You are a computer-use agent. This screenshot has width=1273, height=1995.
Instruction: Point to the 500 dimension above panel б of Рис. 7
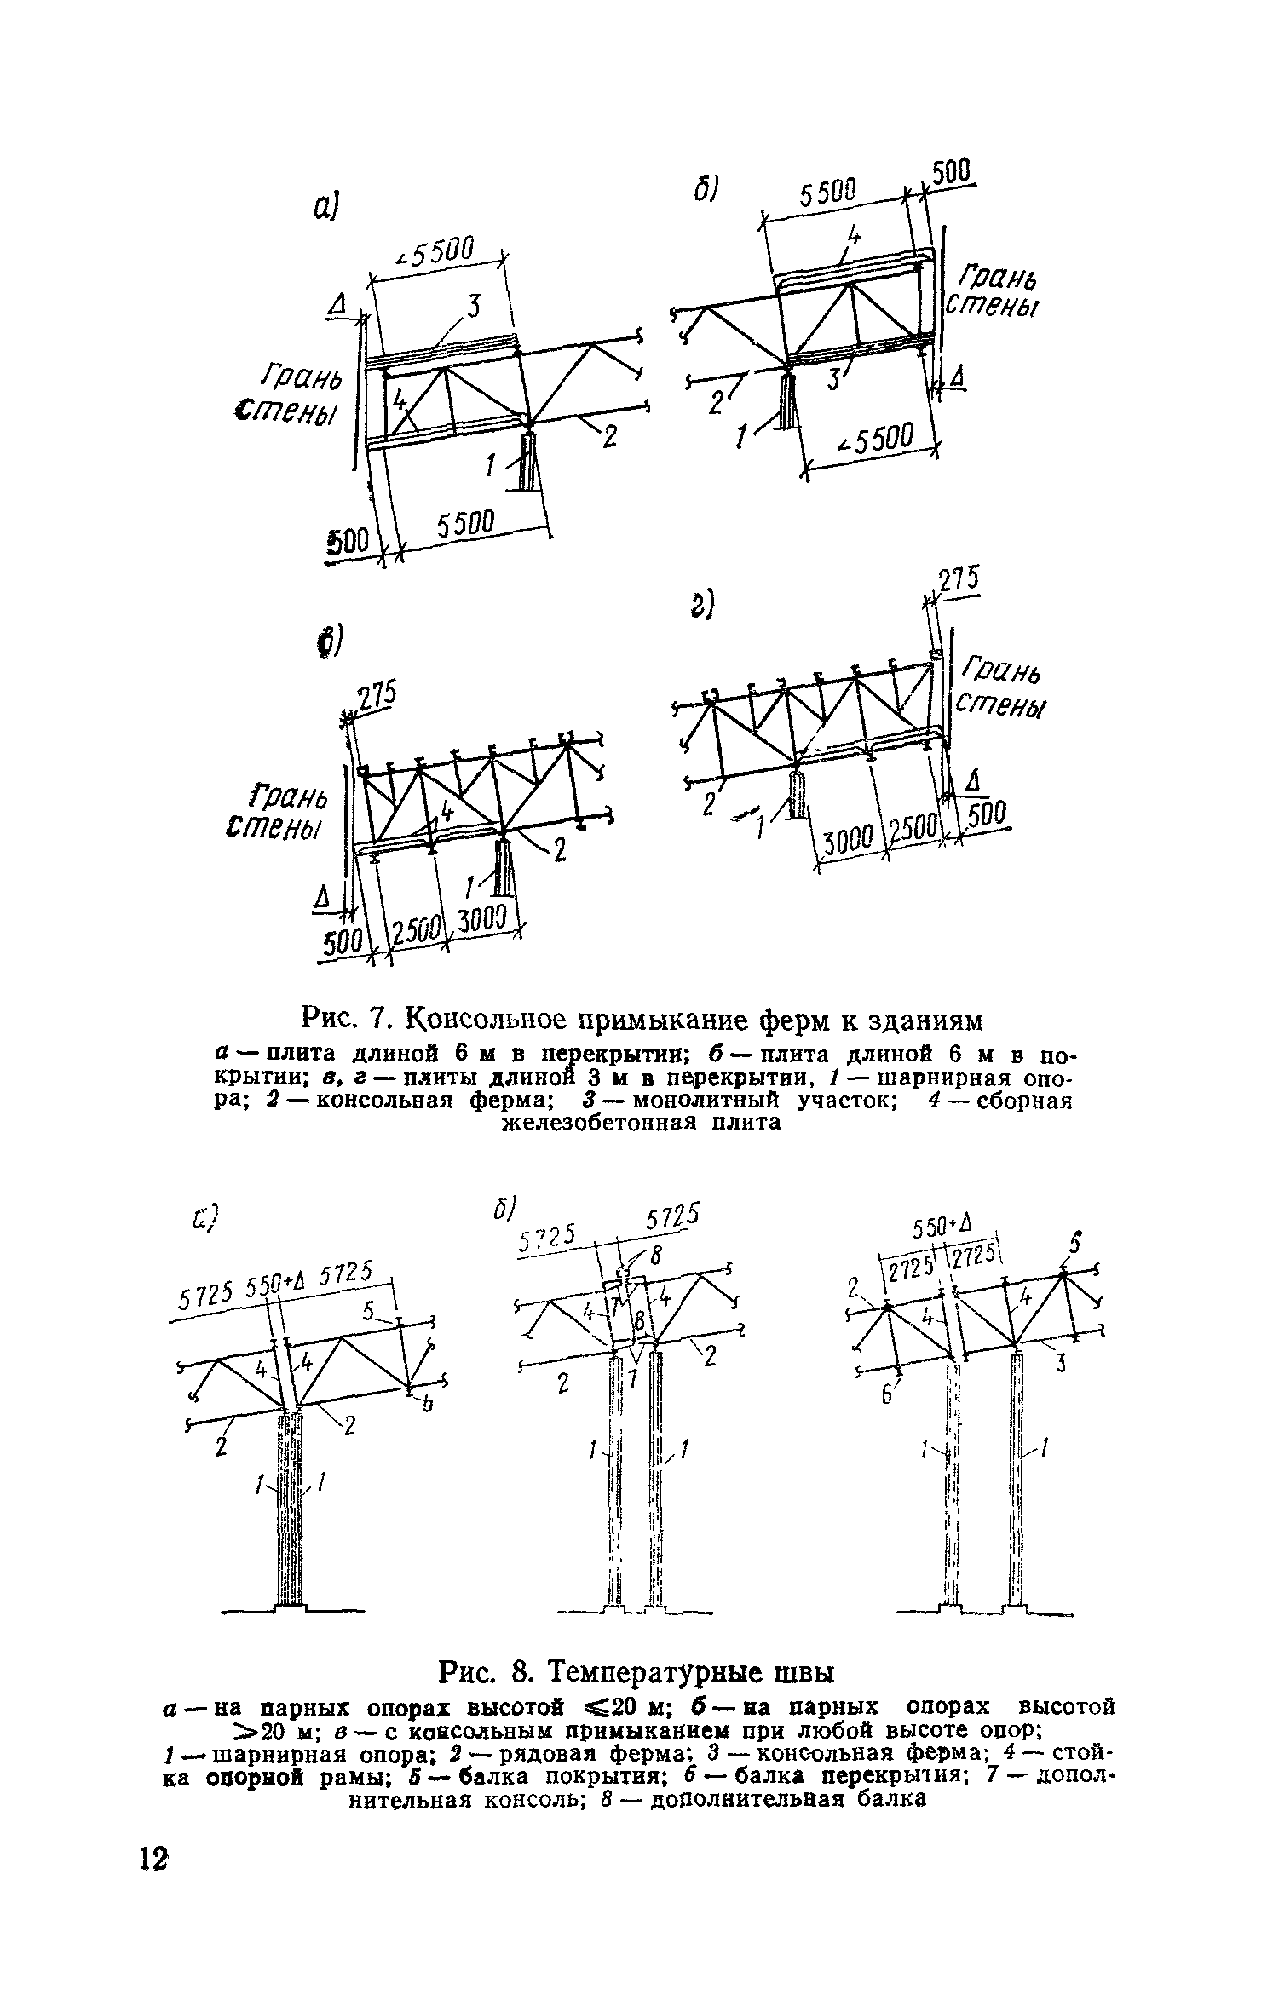pos(950,174)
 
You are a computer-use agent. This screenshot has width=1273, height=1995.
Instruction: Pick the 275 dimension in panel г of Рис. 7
pos(960,581)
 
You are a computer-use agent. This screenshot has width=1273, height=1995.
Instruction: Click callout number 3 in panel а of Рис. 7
pos(474,304)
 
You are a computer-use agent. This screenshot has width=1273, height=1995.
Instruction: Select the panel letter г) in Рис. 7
pos(700,607)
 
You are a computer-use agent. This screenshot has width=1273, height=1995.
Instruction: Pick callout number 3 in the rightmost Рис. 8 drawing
pos(1062,1365)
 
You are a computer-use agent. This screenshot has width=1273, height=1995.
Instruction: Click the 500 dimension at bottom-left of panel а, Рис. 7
pos(348,540)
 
